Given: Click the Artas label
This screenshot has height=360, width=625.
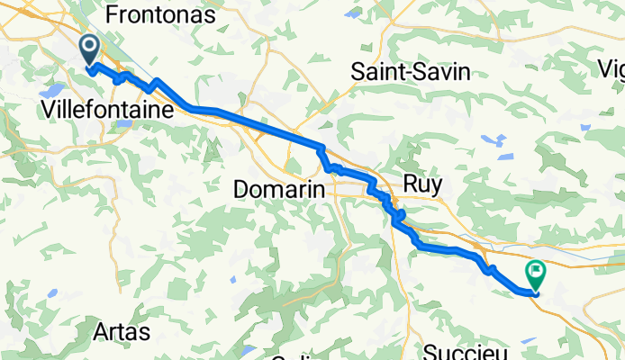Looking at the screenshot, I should tap(121, 332).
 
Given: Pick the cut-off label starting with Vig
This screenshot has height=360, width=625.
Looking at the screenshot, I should tap(612, 68).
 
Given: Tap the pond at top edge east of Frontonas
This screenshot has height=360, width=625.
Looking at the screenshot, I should tap(352, 13).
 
